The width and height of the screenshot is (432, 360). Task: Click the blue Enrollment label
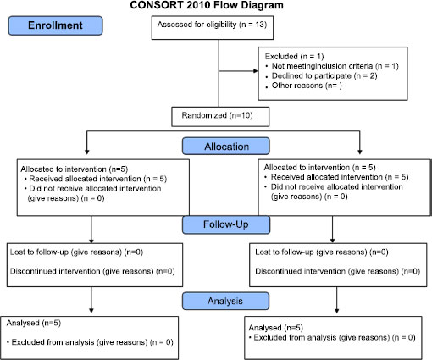55,25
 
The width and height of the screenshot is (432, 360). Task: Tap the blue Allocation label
226,146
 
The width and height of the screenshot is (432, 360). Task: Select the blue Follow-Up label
226,224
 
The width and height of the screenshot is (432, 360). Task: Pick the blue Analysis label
225,301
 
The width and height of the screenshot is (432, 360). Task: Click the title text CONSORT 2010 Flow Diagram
207,5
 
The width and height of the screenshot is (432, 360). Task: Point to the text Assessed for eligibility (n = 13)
212,25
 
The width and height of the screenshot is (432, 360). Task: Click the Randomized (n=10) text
217,115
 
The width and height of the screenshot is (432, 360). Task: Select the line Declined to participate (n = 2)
324,75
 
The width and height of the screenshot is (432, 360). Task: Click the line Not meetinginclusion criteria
322,66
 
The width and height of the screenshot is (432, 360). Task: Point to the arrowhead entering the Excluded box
256,71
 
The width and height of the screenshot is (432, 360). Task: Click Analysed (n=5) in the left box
34,323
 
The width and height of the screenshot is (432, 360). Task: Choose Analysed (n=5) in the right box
276,328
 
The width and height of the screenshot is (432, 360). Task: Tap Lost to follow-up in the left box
39,252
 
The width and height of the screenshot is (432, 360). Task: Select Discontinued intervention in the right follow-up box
301,271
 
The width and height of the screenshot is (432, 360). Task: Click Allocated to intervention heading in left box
64,169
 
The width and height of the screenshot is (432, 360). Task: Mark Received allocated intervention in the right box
327,177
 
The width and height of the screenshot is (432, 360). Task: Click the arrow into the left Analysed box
91,300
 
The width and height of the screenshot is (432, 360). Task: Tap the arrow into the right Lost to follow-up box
332,230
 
